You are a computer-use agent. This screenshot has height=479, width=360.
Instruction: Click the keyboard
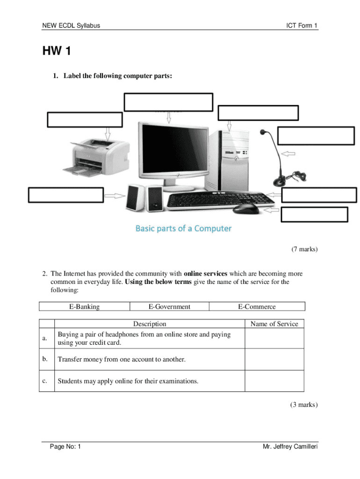[x=220, y=201]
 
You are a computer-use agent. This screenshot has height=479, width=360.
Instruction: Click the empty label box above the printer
[x=85, y=119]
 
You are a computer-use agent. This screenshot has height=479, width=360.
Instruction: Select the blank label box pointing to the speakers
[x=66, y=195]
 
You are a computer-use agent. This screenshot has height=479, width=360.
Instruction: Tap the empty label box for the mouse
[x=314, y=214]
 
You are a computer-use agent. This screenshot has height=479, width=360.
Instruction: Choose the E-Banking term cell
[x=84, y=307]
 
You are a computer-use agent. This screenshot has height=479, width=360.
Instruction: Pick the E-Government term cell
[x=169, y=307]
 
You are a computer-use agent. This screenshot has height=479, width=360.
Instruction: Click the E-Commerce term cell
[x=257, y=307]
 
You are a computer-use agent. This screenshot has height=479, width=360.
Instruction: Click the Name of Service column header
[x=274, y=324]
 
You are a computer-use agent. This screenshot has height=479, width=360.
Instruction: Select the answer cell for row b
[x=274, y=359]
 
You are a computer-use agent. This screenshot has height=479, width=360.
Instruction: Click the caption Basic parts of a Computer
[x=183, y=228]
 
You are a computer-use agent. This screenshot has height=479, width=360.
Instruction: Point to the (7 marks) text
[x=304, y=249]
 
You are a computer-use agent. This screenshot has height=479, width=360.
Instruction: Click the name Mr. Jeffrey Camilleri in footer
[x=290, y=447]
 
